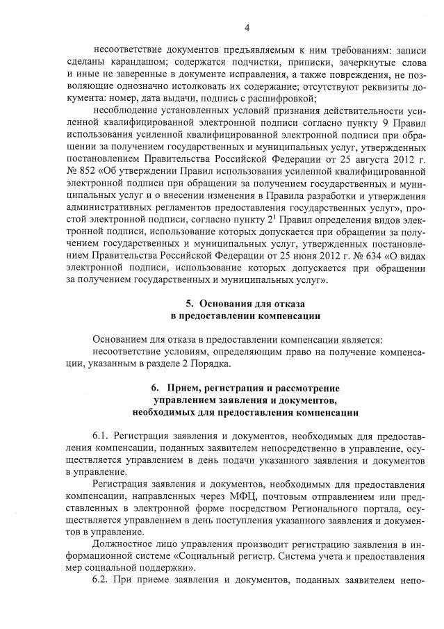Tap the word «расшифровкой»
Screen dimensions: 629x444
284,98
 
